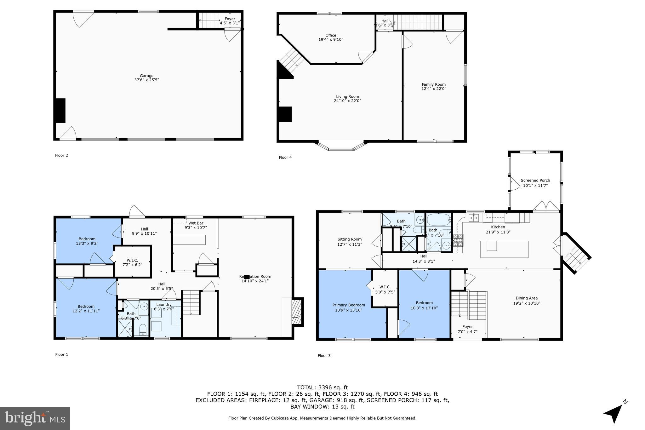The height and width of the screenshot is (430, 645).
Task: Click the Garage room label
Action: pos(146,76)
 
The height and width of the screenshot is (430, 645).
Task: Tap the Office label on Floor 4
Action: pos(331,35)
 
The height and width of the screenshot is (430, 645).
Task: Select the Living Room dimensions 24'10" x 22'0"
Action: pos(347,101)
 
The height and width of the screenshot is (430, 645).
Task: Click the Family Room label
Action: pos(434,84)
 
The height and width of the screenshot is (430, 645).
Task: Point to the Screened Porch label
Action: pos(535,181)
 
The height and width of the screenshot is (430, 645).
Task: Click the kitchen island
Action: pos(504,249)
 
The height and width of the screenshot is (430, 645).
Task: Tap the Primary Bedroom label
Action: pos(349,305)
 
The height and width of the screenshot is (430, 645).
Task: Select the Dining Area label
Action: pos(527,298)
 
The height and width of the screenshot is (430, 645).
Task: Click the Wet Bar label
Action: pos(196,223)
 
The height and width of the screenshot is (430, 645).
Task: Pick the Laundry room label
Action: pos(164,304)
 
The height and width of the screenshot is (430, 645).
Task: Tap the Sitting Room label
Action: pos(350,239)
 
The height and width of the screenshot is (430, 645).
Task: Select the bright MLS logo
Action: pos(35,418)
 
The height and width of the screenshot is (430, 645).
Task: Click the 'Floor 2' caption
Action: pos(61,155)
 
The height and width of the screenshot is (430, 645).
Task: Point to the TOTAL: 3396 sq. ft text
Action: pos(322,387)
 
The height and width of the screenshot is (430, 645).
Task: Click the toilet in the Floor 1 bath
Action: pos(143,330)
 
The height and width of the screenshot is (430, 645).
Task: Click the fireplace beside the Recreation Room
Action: pos(296,312)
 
